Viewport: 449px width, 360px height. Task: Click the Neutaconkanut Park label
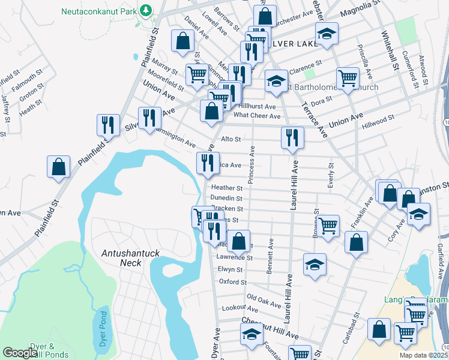coord(99,11)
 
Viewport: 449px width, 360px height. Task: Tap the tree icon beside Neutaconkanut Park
coord(145,11)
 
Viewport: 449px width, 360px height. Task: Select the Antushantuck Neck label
coord(130,257)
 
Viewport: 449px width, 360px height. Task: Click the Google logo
coord(20,353)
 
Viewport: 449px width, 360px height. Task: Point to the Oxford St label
coord(233,281)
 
